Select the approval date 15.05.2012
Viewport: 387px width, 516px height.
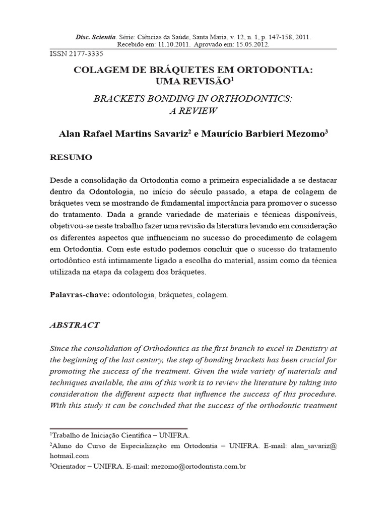click(251, 44)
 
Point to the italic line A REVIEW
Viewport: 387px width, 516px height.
click(193, 110)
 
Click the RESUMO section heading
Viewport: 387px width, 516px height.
click(71, 157)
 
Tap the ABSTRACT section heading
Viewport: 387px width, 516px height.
click(75, 325)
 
